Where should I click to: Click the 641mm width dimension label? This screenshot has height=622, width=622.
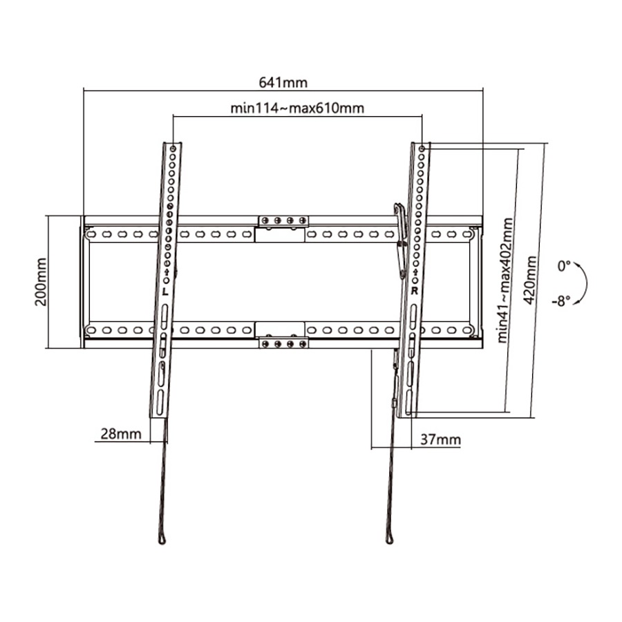283,82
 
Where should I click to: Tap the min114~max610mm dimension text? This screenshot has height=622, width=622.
297,109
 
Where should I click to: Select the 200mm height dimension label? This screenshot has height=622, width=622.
41,282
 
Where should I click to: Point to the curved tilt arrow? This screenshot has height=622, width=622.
583,283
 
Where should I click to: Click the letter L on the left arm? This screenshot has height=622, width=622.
165,292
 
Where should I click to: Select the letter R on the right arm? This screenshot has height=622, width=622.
414,291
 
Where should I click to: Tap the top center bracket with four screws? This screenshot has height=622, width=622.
283,221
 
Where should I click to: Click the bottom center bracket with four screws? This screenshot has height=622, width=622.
283,343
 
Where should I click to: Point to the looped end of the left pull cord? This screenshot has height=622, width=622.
162,538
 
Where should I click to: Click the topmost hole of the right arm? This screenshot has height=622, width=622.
422,148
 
